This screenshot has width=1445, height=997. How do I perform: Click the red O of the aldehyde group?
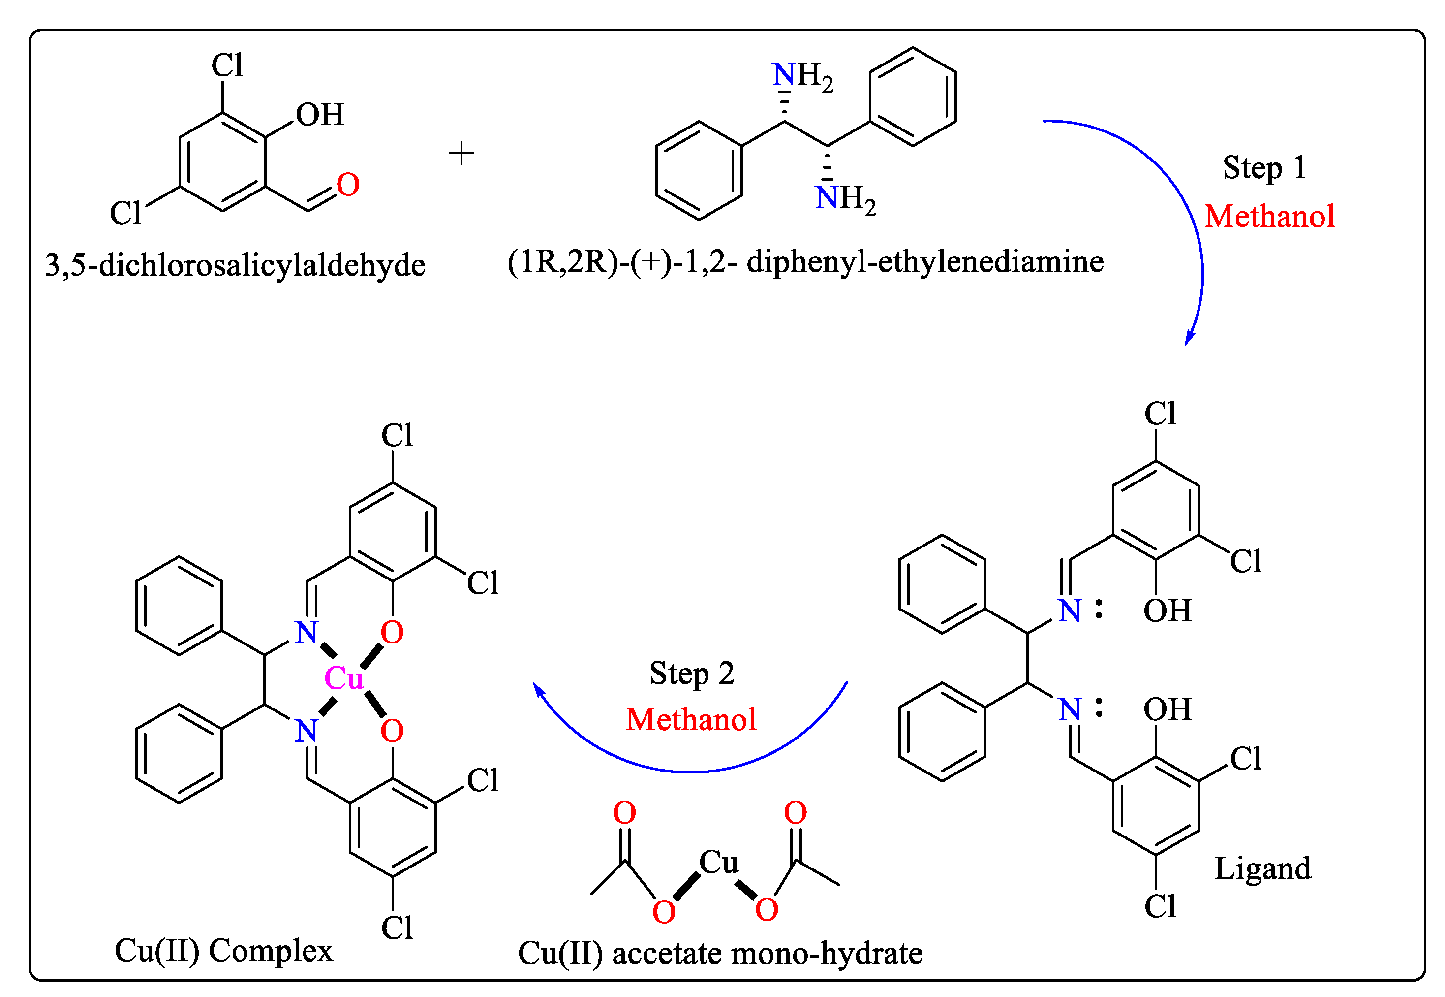348,185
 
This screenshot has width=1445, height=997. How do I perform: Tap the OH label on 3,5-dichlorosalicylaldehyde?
320,115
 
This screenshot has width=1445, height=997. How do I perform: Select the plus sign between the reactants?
461,154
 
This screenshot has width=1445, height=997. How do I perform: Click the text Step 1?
1264,167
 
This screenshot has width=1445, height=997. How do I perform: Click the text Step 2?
692,674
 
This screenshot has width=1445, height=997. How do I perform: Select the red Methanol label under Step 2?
691,720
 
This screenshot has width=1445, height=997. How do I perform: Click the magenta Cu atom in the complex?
343,678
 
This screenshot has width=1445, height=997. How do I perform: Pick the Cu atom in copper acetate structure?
718,863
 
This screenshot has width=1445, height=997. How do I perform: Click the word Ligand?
1262,869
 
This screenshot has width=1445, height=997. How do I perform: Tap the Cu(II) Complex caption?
223,951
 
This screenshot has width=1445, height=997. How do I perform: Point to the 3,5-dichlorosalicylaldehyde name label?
235,265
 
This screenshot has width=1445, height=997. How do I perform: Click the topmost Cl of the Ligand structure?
1160,414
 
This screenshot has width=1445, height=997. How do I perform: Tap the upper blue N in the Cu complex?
306,633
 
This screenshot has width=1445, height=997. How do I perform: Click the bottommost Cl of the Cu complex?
397,928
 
